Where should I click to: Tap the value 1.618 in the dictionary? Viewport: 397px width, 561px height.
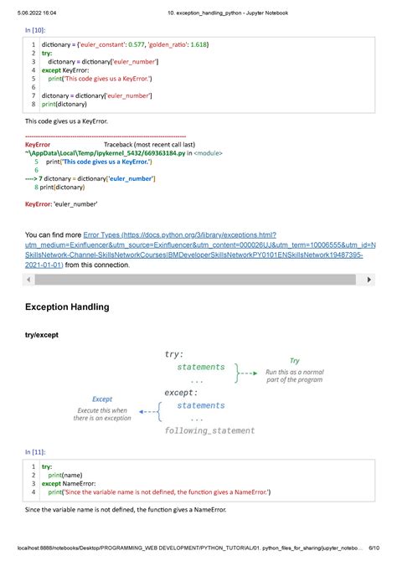coord(218,44)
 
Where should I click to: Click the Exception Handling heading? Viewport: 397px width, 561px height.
coord(68,307)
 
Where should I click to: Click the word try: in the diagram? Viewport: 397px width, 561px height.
coord(174,354)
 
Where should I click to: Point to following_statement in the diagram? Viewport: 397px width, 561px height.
coord(210,430)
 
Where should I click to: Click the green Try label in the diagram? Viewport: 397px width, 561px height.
coord(294,361)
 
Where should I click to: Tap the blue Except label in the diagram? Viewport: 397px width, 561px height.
coord(101,399)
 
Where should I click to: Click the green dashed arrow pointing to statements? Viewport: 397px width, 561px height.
coord(245,370)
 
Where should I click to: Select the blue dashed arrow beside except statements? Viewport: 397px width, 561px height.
coord(151,411)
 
